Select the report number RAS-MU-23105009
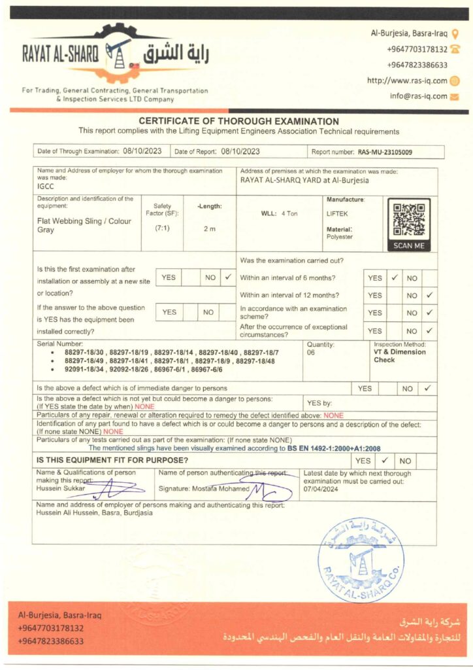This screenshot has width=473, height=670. point(385,152)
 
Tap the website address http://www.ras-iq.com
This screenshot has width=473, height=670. point(407,80)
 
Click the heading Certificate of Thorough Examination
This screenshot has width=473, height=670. point(238,121)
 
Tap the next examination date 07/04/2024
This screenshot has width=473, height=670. point(321,488)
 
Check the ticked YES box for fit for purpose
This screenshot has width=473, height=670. point(385,461)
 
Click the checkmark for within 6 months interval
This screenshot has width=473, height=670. point(395,278)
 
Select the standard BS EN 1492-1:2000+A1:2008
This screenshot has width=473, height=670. point(334,448)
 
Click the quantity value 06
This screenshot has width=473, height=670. point(311,353)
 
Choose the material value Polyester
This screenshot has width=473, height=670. point(340,237)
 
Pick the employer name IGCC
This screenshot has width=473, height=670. point(46,186)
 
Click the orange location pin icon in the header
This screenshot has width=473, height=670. point(455,33)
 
